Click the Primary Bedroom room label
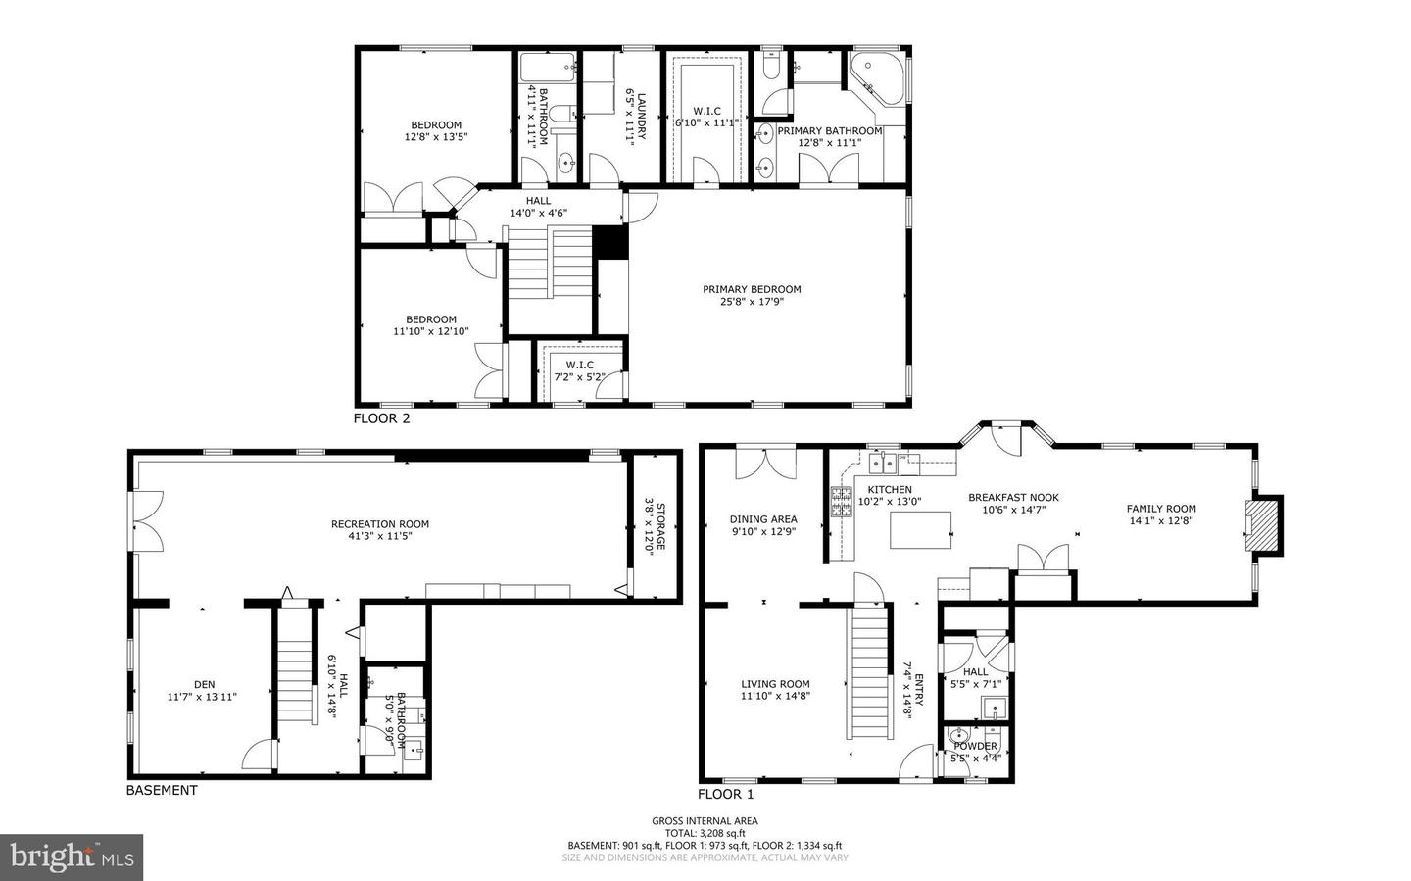click(x=752, y=289)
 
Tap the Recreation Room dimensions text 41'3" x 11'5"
click(x=379, y=536)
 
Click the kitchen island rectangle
click(x=921, y=529)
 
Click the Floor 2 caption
click(x=381, y=418)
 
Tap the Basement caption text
click(x=162, y=790)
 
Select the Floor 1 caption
click(x=726, y=794)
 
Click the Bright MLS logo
click(x=72, y=857)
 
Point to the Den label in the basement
click(x=204, y=685)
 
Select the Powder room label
click(x=975, y=746)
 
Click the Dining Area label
click(x=763, y=519)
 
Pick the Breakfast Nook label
click(x=1013, y=497)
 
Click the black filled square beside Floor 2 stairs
click(x=609, y=242)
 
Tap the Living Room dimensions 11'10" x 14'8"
click(x=774, y=696)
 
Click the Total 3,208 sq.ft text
click(x=705, y=833)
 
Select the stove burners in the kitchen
click(x=841, y=503)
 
